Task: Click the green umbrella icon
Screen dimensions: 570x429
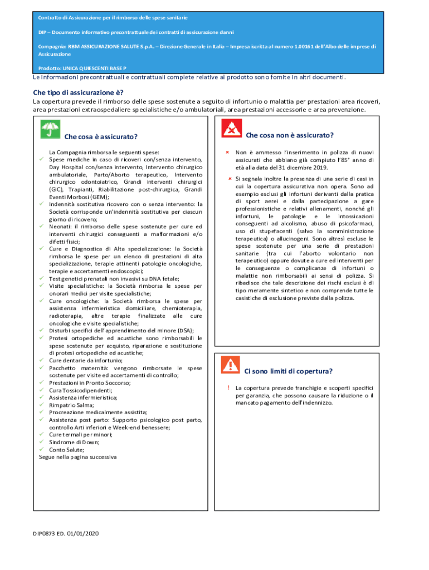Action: (50, 130)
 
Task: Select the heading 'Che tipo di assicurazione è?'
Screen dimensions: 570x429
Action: (78, 92)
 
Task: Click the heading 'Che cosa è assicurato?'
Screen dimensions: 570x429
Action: (101, 137)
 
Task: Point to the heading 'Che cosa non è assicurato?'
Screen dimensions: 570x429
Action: (290, 135)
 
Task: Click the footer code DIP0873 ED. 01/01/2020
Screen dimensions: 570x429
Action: (65, 534)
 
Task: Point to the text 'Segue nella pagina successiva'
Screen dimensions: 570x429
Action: (77, 457)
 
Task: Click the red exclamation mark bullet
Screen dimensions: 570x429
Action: (228, 387)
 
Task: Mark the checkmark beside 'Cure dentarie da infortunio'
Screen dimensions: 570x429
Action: (42, 360)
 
